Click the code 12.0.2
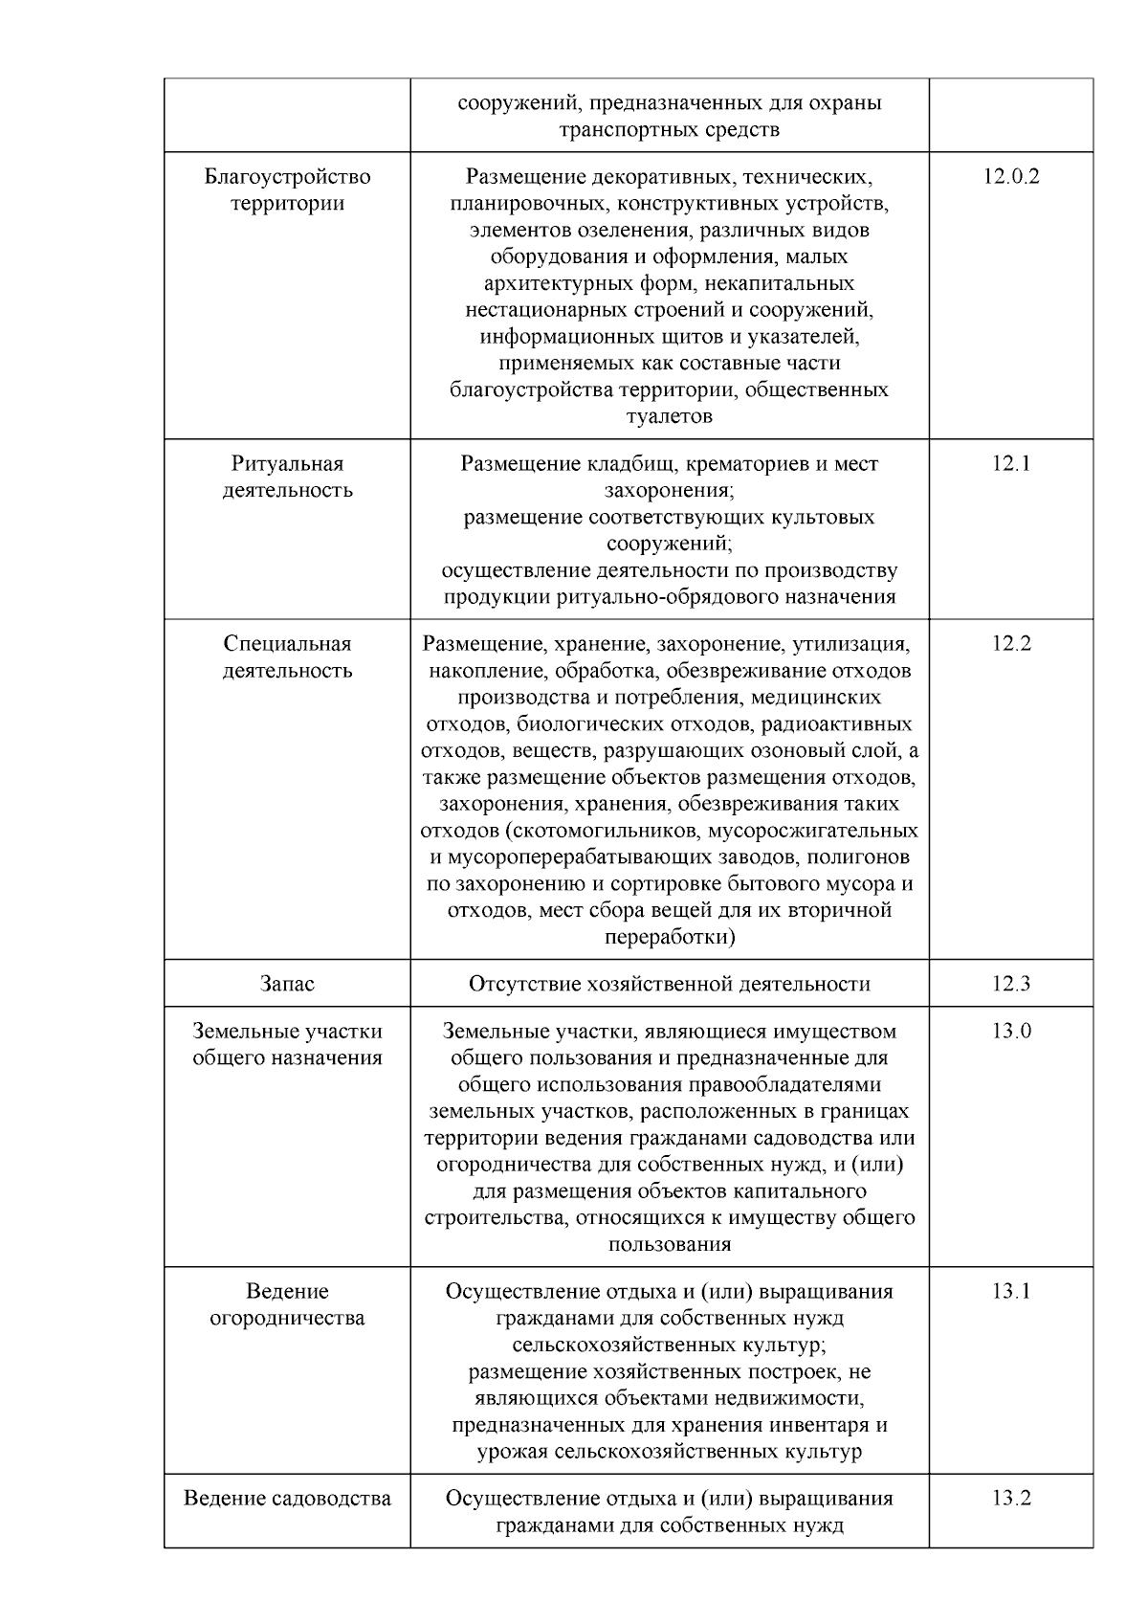[1010, 176]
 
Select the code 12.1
[1010, 463]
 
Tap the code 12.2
[1010, 643]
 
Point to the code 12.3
[1010, 984]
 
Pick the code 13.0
[1010, 1031]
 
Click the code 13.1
[1010, 1291]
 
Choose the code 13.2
[1010, 1498]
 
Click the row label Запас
[287, 984]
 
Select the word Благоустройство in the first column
[287, 176]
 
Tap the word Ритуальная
[287, 463]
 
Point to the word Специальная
[287, 643]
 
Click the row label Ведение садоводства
[287, 1498]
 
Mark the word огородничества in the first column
[287, 1318]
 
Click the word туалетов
[669, 416]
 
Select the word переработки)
[669, 937]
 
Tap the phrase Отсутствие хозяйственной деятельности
[669, 984]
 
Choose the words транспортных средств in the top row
[669, 129]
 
